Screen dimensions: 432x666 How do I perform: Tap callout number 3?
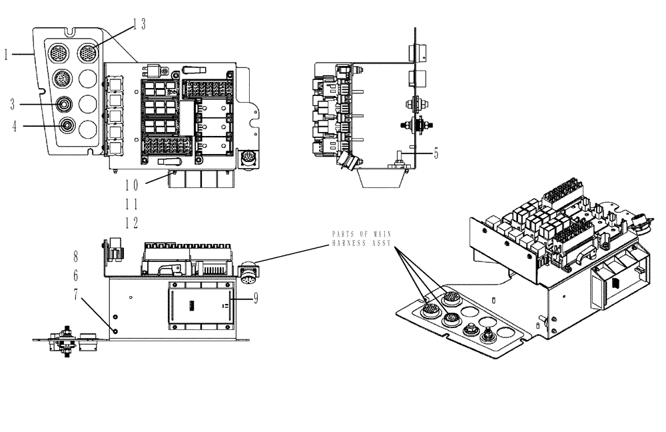[12, 105]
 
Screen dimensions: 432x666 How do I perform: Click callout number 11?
[131, 204]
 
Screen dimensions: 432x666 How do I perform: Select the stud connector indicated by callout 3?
[65, 105]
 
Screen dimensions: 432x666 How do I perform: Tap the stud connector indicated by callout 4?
[67, 125]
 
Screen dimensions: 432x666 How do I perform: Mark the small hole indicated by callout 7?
[117, 331]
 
